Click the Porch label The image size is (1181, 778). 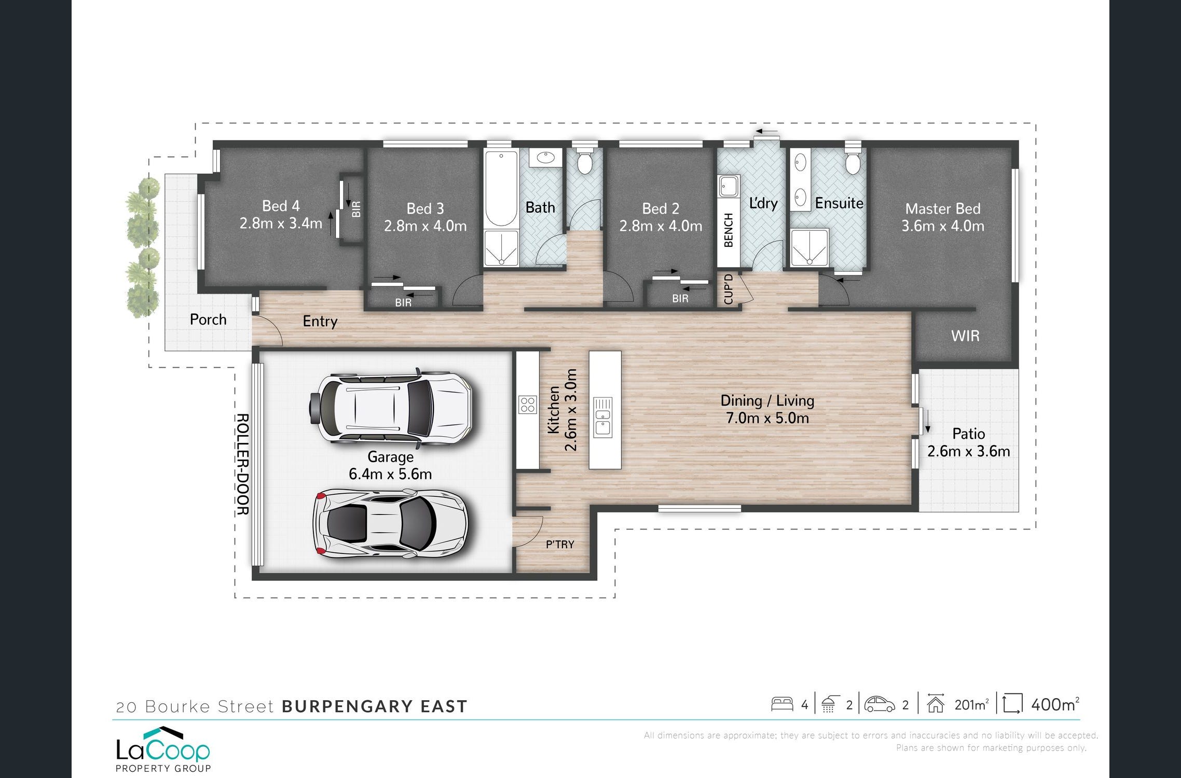pos(208,319)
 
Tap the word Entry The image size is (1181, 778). pos(320,322)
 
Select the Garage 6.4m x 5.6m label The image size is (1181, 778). pos(390,465)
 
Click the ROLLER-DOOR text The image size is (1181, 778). pos(242,464)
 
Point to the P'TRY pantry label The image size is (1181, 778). pos(560,545)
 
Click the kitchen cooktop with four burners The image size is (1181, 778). pos(527,405)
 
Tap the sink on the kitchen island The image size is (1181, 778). pos(602,418)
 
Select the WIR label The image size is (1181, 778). pos(965,336)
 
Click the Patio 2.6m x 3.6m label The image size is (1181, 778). pos(968,442)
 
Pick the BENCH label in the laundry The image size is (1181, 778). pos(729,230)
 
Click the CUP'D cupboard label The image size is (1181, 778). pos(729,289)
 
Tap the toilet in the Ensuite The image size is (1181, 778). pos(853,160)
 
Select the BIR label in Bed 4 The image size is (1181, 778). pos(356,210)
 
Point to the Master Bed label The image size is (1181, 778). pos(943,209)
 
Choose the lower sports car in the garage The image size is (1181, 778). pos(391,523)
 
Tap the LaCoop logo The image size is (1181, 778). pos(163,749)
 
